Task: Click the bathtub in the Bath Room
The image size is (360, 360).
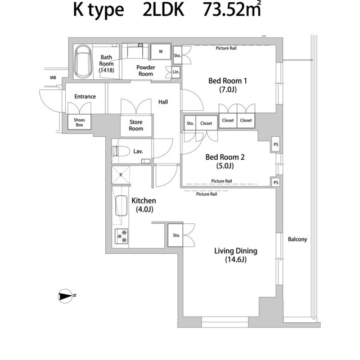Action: tap(83, 61)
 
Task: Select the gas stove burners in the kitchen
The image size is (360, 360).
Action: tap(121, 236)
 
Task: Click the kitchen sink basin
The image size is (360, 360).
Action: tap(121, 206)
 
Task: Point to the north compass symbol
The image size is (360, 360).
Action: tap(66, 296)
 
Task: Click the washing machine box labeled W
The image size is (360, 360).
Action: tap(161, 51)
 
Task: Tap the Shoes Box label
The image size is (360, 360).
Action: tap(79, 123)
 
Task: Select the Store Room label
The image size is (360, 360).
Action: tap(136, 125)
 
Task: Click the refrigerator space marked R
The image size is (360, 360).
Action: tap(121, 175)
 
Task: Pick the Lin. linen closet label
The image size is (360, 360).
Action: tap(176, 72)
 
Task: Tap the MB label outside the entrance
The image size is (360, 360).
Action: tap(53, 78)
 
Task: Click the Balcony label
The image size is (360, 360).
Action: tap(298, 240)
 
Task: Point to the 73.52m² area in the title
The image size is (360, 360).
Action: tap(232, 10)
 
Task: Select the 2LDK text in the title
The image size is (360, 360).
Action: tap(164, 10)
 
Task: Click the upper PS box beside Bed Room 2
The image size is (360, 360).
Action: tap(276, 145)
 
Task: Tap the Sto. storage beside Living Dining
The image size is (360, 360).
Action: tap(176, 235)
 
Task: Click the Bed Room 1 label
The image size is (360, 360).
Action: tap(227, 81)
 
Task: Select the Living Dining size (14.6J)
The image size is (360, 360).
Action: tap(236, 260)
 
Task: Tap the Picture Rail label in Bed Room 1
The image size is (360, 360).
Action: tap(226, 48)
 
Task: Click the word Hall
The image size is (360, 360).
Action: tap(163, 102)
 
